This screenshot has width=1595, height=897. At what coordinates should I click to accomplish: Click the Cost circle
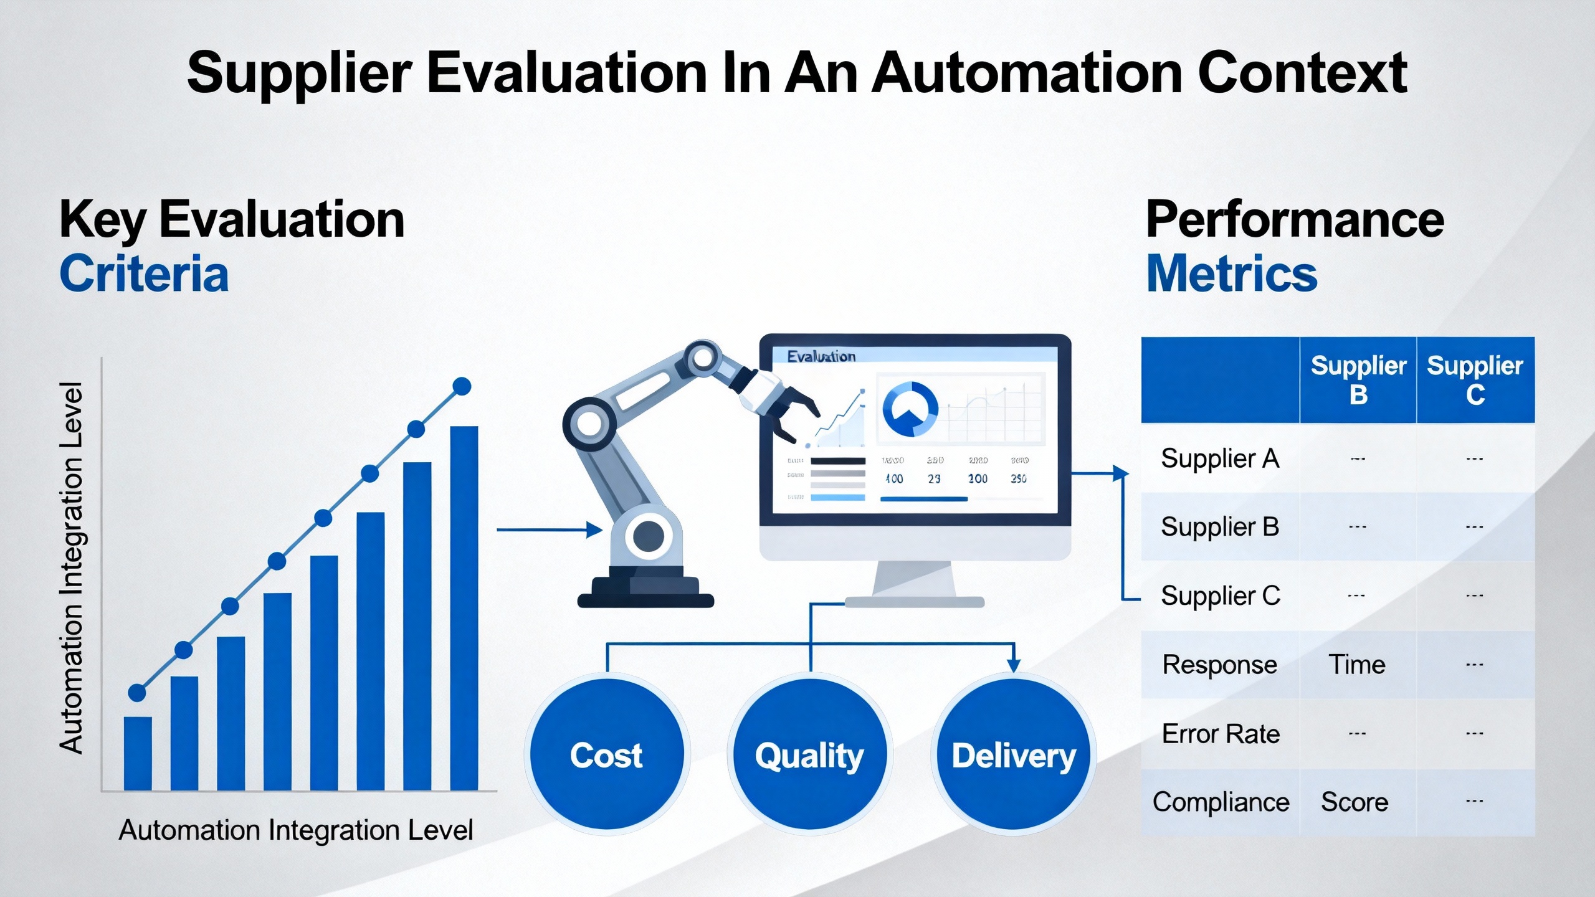(x=606, y=754)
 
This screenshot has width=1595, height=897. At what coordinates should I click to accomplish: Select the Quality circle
(x=809, y=754)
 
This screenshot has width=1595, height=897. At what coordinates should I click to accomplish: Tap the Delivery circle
(x=1014, y=754)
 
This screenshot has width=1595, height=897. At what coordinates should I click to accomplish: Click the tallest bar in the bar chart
(x=464, y=607)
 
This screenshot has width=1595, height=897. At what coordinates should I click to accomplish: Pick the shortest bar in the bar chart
(x=138, y=753)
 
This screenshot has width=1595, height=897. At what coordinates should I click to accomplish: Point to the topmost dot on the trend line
(x=462, y=386)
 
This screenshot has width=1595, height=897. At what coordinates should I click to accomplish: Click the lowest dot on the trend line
(x=137, y=692)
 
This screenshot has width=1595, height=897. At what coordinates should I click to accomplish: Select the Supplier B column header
(x=1358, y=380)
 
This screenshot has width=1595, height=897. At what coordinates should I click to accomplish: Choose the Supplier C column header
(x=1475, y=380)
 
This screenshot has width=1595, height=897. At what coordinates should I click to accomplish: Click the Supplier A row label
(x=1220, y=459)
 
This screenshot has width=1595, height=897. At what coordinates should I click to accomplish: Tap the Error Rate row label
(x=1221, y=734)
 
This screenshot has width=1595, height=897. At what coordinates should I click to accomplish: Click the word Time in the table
(x=1357, y=665)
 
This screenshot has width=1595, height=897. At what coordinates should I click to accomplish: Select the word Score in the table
(x=1355, y=802)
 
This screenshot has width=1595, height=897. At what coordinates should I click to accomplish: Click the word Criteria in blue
(x=144, y=274)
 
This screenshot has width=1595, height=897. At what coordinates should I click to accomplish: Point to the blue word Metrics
(x=1232, y=274)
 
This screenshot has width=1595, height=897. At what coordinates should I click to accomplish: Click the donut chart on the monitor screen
(x=910, y=409)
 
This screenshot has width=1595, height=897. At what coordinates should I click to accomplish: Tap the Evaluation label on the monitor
(x=821, y=356)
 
